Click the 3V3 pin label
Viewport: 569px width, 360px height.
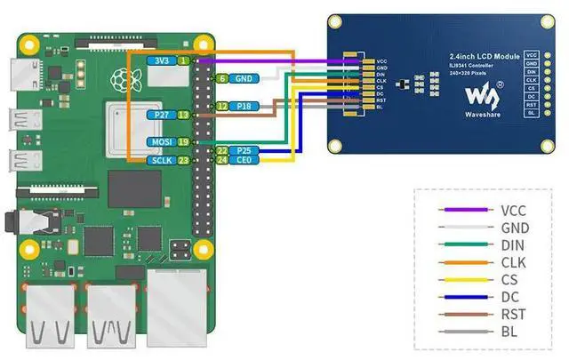click(162, 60)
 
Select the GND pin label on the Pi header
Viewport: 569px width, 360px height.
click(243, 78)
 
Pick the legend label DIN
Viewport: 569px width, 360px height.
click(512, 245)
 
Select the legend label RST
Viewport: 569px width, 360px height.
click(512, 314)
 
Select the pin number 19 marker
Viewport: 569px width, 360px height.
click(183, 142)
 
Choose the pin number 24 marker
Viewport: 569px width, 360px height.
click(222, 161)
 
